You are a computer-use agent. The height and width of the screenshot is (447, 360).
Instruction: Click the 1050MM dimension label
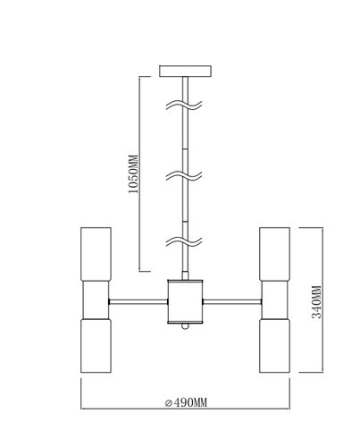(133, 173)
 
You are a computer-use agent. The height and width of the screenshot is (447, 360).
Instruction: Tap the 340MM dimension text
(316, 302)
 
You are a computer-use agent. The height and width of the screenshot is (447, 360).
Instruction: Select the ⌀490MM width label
(186, 402)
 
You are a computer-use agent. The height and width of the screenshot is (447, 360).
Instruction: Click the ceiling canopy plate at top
(185, 72)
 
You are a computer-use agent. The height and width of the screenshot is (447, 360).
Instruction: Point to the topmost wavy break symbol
(184, 105)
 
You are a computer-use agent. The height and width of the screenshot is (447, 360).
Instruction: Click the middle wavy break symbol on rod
(184, 175)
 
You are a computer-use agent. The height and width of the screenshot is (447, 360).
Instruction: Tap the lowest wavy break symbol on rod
(184, 241)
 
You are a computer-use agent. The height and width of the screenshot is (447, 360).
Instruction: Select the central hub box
(185, 301)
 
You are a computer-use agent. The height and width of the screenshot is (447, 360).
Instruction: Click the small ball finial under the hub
(185, 326)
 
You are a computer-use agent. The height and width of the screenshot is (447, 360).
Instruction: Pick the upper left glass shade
(96, 254)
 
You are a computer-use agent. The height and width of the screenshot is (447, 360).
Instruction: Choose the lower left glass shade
(96, 346)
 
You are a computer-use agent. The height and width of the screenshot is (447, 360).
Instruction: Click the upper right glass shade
(274, 254)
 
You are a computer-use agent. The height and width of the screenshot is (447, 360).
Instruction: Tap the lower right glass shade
(274, 346)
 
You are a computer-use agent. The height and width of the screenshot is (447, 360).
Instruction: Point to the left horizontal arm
(138, 302)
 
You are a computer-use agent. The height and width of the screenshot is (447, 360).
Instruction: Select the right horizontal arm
(232, 302)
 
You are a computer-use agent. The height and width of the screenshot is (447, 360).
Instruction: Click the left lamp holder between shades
(96, 299)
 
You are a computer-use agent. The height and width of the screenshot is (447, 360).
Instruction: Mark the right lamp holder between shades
(274, 299)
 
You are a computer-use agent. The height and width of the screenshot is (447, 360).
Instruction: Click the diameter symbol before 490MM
(169, 403)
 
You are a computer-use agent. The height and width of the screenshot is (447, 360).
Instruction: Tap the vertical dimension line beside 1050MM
(139, 174)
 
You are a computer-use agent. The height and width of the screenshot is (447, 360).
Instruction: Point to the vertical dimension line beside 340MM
(322, 299)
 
